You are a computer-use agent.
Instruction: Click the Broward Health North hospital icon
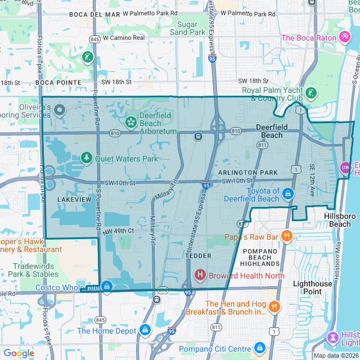point(200,275)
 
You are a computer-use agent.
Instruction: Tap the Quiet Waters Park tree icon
point(86,158)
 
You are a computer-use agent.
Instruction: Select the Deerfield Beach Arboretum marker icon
point(130,121)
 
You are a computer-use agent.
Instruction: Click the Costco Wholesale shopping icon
point(106,287)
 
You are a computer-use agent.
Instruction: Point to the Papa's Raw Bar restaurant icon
point(286,236)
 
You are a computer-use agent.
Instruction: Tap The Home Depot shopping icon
point(145,330)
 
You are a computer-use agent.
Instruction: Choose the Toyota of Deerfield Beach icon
point(287,194)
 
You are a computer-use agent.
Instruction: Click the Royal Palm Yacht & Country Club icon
point(311,93)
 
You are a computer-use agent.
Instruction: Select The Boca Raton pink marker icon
point(345,37)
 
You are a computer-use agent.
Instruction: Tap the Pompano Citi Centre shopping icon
point(259,348)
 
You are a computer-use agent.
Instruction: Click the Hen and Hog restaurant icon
point(274,307)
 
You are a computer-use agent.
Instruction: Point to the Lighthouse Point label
point(313,288)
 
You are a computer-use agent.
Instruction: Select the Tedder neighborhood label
point(198,256)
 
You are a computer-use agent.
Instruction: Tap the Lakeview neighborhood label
point(74,199)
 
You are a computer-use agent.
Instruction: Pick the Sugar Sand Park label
point(187,28)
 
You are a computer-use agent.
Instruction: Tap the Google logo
point(19,353)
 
